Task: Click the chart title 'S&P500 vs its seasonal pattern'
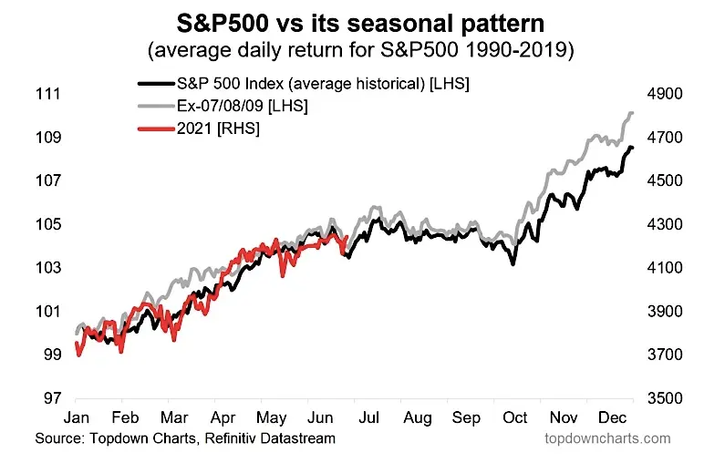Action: click(360, 24)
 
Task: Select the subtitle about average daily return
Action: click(360, 50)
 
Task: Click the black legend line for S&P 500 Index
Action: click(156, 84)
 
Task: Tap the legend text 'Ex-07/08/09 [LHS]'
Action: click(243, 106)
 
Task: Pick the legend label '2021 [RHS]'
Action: click(218, 128)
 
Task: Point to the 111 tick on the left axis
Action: click(48, 94)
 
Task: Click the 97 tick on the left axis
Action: click(52, 398)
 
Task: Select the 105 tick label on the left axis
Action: click(48, 224)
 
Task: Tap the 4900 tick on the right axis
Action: click(665, 94)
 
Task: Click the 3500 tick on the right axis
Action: click(665, 398)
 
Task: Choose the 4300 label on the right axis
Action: click(665, 224)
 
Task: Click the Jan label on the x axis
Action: click(77, 417)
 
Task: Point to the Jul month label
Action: click(368, 417)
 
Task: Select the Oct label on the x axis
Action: click(514, 417)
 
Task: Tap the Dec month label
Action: click(612, 417)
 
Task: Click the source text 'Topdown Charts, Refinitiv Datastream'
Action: click(212, 438)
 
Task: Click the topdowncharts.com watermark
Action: click(607, 438)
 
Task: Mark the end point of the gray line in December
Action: click(632, 113)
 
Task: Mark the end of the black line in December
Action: click(632, 148)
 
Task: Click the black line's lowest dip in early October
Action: click(513, 263)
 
